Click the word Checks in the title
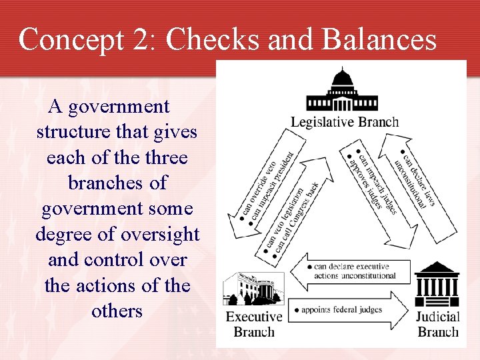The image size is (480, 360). (x=213, y=39)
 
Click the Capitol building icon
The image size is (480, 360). (x=341, y=90)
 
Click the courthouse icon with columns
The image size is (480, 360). (x=437, y=285)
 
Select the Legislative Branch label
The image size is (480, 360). (x=345, y=122)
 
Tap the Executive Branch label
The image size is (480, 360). (x=254, y=323)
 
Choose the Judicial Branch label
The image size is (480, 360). (x=438, y=323)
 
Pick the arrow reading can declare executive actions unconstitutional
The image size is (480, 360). (x=353, y=271)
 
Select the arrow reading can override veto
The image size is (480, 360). (x=257, y=183)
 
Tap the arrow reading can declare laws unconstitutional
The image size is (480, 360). (x=417, y=180)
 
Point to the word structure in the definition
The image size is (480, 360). (x=73, y=131)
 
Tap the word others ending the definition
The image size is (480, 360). (x=117, y=311)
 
